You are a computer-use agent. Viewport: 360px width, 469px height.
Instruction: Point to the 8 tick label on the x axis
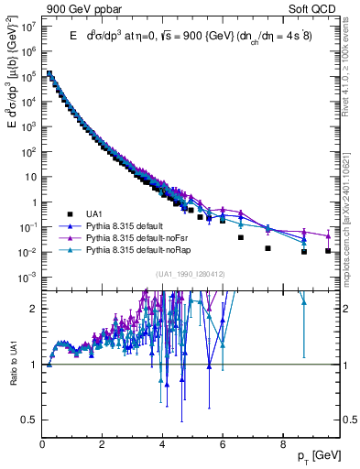click(x=282, y=446)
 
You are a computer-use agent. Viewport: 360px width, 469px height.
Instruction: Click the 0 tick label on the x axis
click(x=43, y=446)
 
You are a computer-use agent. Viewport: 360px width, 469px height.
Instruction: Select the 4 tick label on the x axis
click(x=162, y=446)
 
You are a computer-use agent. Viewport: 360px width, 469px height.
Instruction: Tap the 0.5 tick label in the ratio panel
click(x=28, y=420)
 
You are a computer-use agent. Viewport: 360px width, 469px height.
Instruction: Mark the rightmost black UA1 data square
click(x=328, y=250)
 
